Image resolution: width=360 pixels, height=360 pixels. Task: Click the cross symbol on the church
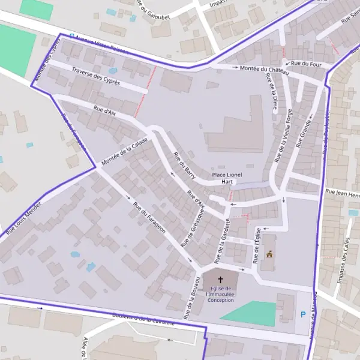click(220, 280)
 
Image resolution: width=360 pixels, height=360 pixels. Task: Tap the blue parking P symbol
click(303, 314)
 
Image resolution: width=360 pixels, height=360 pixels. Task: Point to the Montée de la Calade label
click(125, 152)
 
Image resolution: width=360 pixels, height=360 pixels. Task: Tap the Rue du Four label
click(306, 63)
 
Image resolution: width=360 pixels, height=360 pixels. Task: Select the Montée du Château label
click(264, 70)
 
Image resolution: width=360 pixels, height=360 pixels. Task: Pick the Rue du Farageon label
click(149, 220)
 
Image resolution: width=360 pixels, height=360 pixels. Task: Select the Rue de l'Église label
click(257, 245)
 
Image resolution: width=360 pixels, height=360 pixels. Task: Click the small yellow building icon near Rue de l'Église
click(269, 254)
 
